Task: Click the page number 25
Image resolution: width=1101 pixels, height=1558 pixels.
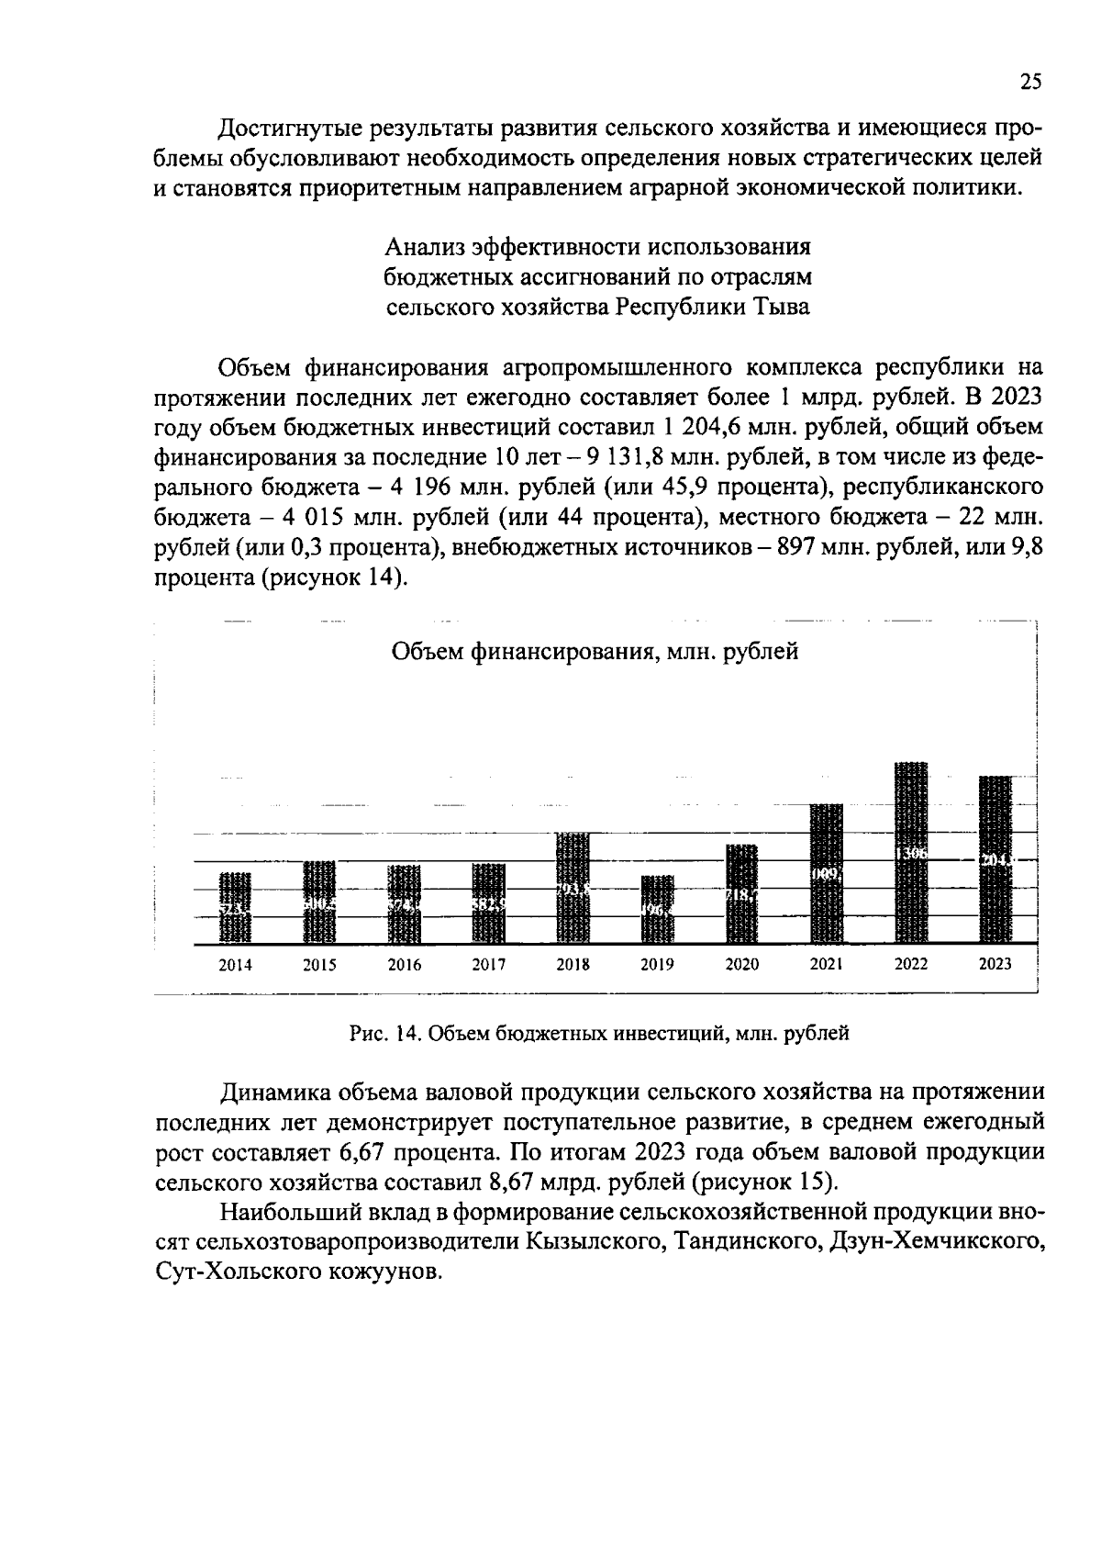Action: tap(1030, 83)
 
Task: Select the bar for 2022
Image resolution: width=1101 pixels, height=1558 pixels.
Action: tap(911, 852)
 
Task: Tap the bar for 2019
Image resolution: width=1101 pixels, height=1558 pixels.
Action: tap(657, 909)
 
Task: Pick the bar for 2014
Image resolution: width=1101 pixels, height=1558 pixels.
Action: tap(235, 907)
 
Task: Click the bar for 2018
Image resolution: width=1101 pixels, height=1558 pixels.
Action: tap(573, 888)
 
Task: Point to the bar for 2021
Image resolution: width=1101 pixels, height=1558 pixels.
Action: tap(827, 873)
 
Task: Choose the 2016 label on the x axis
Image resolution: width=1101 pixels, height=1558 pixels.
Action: tap(404, 965)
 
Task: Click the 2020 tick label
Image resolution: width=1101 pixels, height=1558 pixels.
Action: tap(741, 965)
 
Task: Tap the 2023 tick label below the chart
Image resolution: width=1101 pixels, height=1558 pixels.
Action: tap(995, 964)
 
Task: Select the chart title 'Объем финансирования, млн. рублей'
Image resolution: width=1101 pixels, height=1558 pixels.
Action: tap(595, 652)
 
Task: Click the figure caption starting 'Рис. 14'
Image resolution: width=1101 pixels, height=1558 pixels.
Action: tap(599, 1034)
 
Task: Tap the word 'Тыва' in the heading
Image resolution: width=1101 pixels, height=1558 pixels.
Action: tap(781, 307)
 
